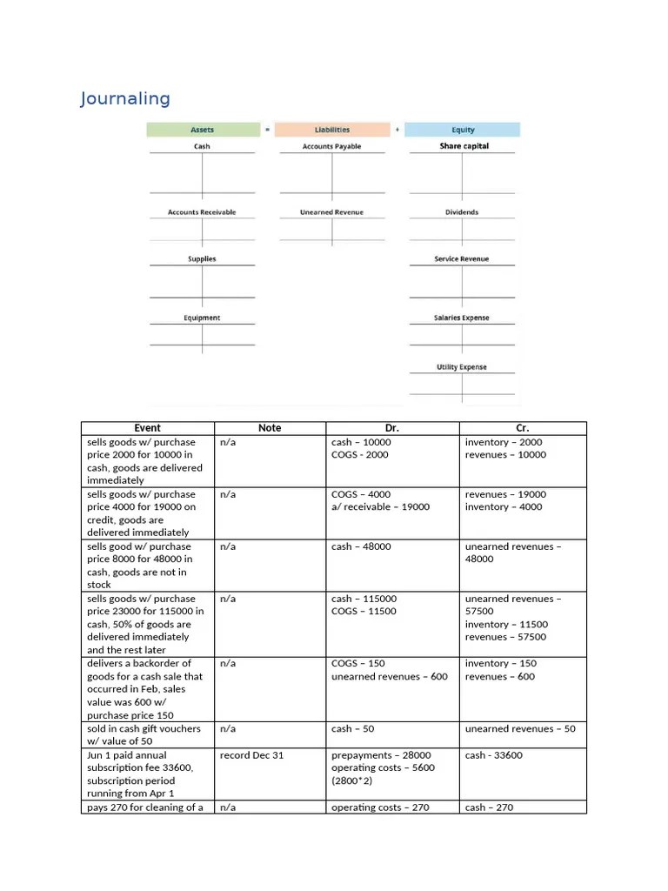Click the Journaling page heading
[x=125, y=98]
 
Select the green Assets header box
[x=202, y=130]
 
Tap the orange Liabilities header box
[x=331, y=130]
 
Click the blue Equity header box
[x=463, y=130]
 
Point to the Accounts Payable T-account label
[x=331, y=146]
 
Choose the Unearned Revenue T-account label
[x=331, y=212]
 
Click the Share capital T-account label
[x=464, y=146]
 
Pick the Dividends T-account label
[x=463, y=212]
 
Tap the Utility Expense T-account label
[x=462, y=367]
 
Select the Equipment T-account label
[x=202, y=318]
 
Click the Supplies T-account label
[x=202, y=259]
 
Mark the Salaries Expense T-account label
[x=462, y=318]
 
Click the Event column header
[x=148, y=428]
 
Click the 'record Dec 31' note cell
[x=251, y=755]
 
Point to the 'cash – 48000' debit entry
[x=361, y=546]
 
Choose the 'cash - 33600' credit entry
[x=494, y=755]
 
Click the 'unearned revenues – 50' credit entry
[x=520, y=729]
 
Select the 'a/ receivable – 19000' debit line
[x=380, y=507]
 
